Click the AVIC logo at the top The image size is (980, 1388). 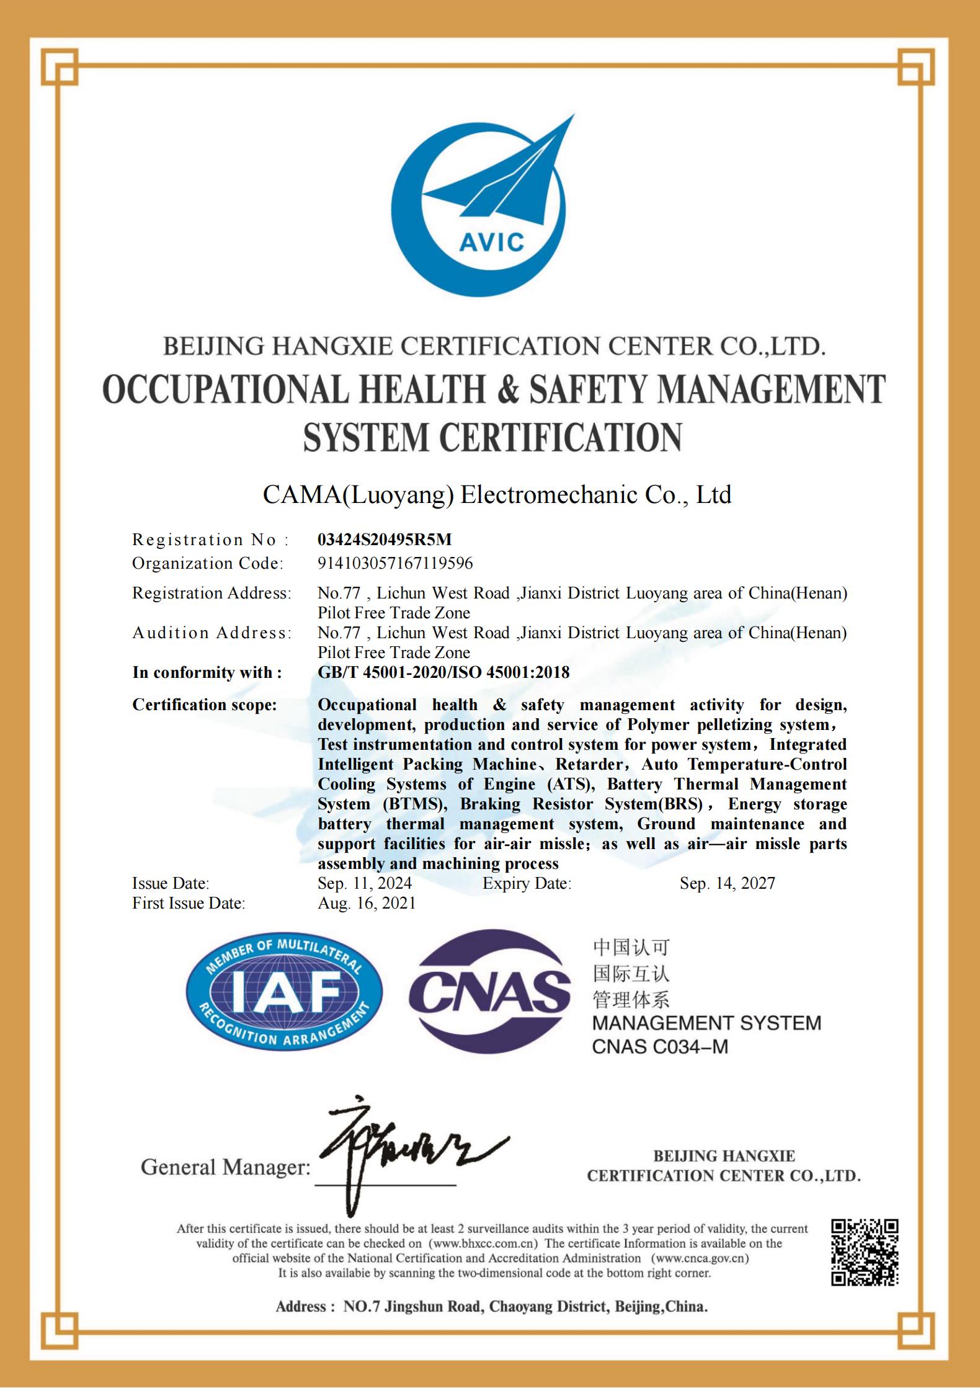point(490,205)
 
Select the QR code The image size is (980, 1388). point(864,1252)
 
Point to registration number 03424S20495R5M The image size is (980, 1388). point(385,540)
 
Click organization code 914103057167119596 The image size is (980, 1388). point(395,563)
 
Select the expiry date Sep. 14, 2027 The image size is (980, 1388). point(727,883)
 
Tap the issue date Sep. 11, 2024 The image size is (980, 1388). point(365,883)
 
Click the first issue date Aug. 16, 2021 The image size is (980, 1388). point(367,903)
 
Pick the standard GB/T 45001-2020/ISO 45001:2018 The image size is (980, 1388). point(443,672)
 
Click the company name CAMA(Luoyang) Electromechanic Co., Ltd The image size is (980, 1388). point(497,495)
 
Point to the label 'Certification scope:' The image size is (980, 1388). point(205,705)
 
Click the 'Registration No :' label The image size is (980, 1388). point(211,540)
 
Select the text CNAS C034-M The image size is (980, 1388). point(660,1046)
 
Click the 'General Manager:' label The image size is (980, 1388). point(225,1167)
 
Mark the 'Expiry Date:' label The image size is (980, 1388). point(527,883)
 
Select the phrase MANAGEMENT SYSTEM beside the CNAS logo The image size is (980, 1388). point(706,1023)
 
